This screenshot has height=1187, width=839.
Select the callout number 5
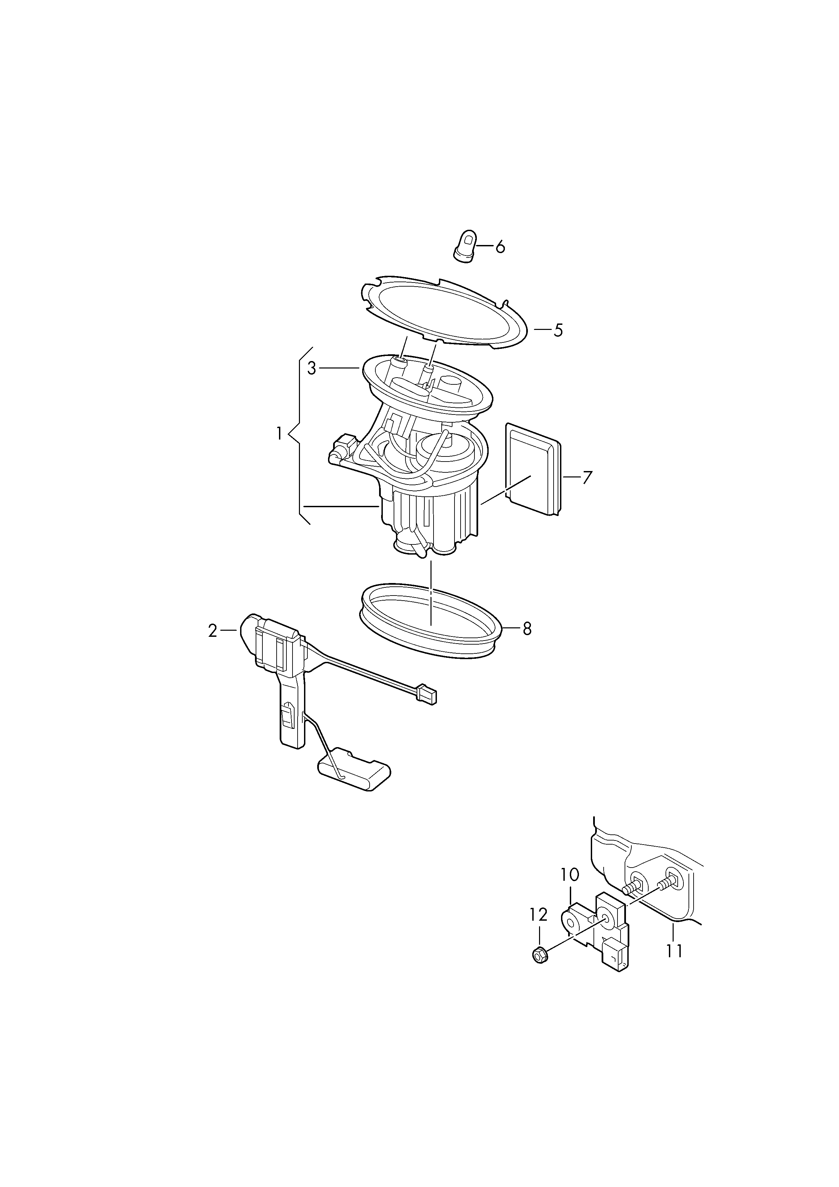tap(558, 330)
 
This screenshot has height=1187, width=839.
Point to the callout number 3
tap(311, 368)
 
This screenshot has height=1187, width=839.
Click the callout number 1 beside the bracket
tap(279, 433)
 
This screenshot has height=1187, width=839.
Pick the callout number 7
tap(586, 478)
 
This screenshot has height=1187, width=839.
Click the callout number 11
tap(674, 951)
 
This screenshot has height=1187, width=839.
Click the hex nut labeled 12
tap(540, 956)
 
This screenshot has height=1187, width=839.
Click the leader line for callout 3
tap(339, 368)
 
